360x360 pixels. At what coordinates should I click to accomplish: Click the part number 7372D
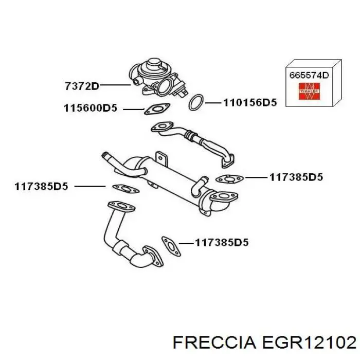(82, 86)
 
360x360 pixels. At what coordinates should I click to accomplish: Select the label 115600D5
(91, 108)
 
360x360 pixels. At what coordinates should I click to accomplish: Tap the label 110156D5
(250, 102)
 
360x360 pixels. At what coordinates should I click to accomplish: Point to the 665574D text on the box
(309, 75)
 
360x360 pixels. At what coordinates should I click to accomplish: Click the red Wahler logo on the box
(309, 91)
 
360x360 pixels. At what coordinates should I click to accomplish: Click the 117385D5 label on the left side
(41, 186)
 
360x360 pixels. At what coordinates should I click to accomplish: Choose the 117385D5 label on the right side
(296, 177)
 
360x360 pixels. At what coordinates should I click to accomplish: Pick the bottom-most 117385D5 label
(222, 242)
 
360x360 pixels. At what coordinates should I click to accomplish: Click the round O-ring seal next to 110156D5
(196, 102)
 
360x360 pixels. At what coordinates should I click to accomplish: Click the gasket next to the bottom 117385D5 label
(171, 246)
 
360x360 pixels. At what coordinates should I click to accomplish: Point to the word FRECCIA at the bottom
(214, 343)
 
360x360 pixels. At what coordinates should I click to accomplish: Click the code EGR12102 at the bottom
(309, 343)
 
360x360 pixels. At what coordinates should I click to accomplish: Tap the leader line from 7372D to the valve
(115, 85)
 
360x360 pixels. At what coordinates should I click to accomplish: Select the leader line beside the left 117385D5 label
(90, 186)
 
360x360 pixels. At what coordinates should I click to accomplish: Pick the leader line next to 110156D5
(213, 103)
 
